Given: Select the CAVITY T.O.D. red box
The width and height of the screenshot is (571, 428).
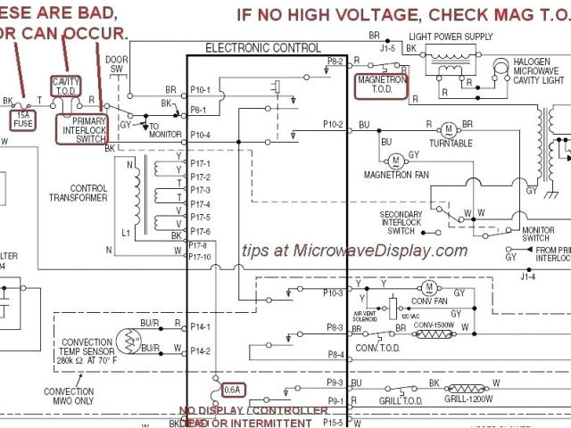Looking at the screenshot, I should [x=66, y=86].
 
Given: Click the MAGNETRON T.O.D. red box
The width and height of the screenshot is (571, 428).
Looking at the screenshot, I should [x=382, y=84].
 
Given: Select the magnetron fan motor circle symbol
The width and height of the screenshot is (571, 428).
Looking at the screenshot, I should [x=393, y=160].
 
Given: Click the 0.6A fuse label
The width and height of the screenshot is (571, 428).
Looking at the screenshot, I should [x=232, y=388].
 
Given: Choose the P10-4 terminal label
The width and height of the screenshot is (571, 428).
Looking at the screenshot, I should [x=200, y=134].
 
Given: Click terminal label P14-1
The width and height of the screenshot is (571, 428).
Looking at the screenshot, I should [x=200, y=327].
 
